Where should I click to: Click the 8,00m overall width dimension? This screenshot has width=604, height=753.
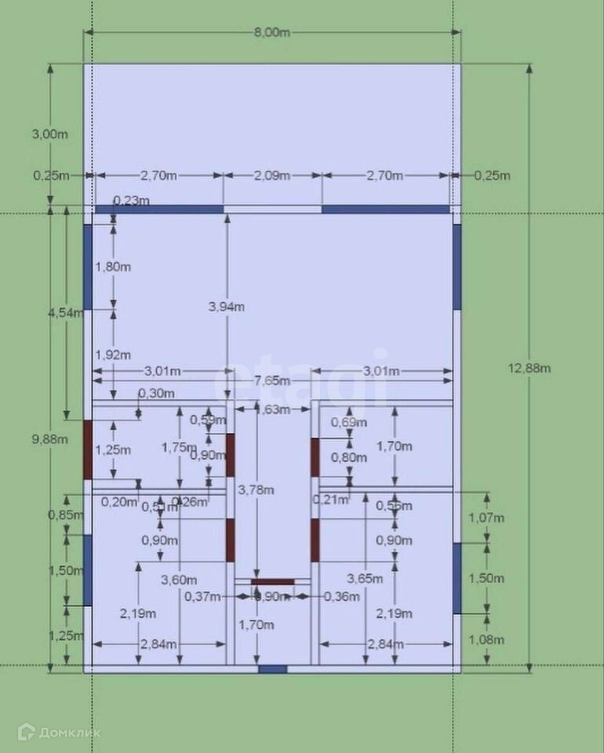point(272,32)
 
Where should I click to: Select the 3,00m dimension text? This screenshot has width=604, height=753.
point(49,134)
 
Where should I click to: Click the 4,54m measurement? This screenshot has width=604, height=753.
point(65,312)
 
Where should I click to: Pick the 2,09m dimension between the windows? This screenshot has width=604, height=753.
point(272,175)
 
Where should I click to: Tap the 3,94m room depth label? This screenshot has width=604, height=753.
point(227,307)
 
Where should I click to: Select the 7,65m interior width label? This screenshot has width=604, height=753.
point(271,380)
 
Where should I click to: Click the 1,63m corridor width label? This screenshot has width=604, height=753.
point(272,409)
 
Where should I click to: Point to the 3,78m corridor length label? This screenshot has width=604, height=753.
point(256,490)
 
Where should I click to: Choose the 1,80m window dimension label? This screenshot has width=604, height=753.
point(113,267)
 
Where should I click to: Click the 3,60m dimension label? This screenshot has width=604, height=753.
point(178,580)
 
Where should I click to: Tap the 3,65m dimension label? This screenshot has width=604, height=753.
point(366,579)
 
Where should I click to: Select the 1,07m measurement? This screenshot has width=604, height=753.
point(486,518)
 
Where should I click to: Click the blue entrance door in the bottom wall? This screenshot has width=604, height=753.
point(272,669)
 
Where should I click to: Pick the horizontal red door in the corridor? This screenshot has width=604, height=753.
point(272,582)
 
